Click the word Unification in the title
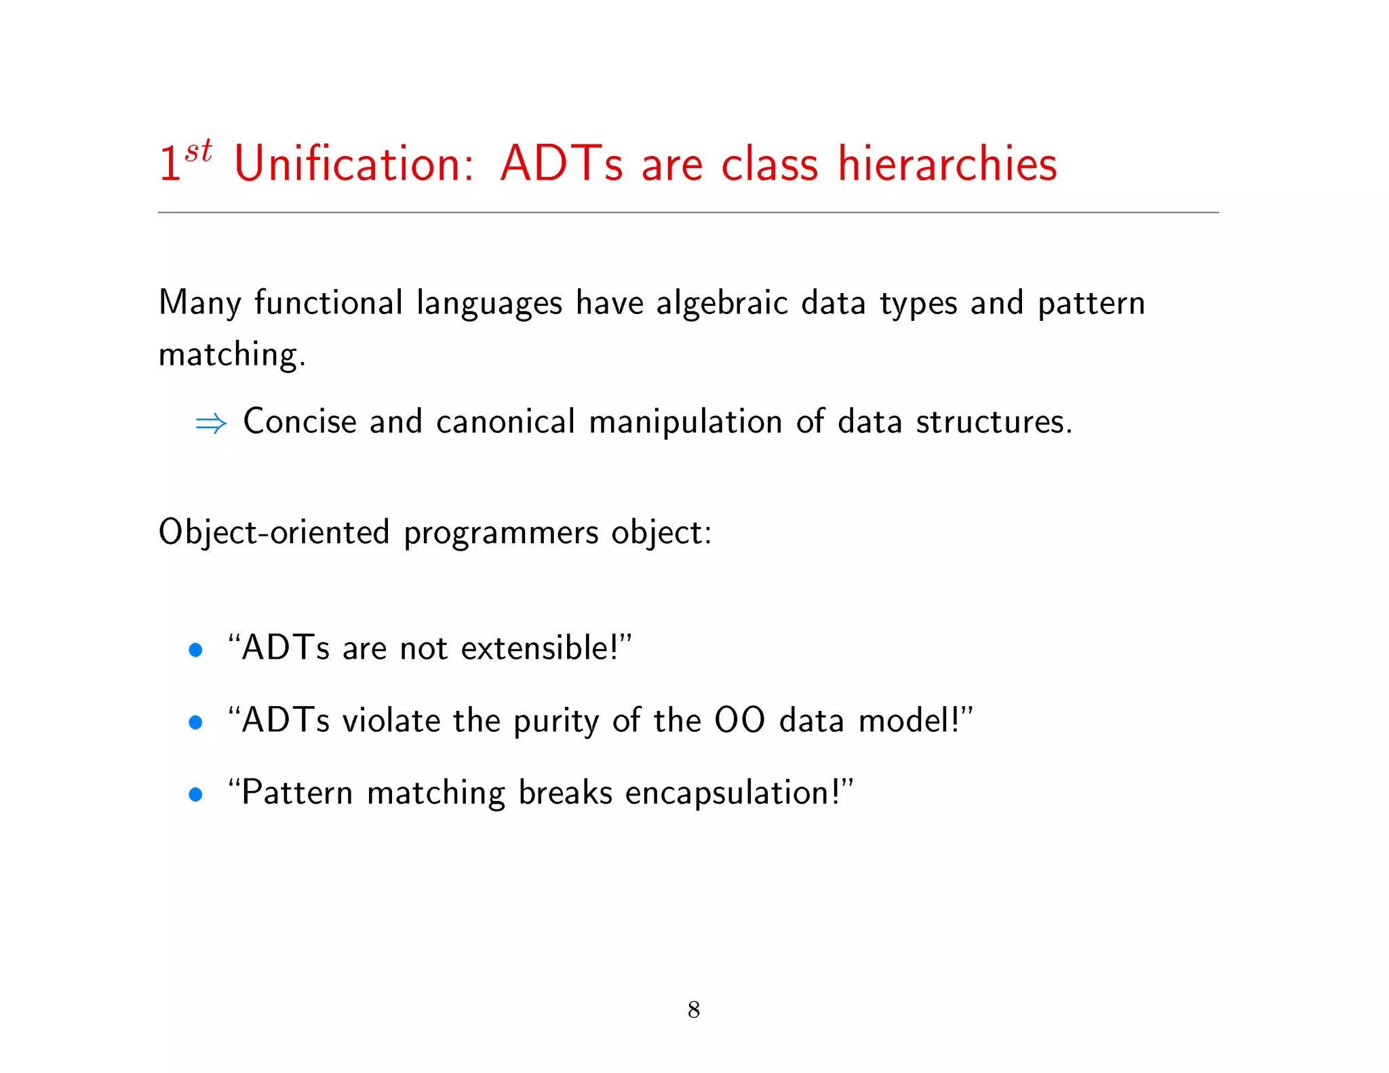tap(353, 164)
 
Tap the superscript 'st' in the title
tap(198, 151)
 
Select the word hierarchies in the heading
tap(947, 164)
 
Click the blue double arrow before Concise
tap(211, 424)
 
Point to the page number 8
tap(693, 1009)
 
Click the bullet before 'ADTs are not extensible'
tap(195, 650)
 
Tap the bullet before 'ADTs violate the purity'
tap(195, 722)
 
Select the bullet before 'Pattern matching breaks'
tap(195, 794)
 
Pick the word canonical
tap(505, 422)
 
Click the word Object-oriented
tap(274, 532)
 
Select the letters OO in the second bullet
tap(740, 720)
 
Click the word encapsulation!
tap(732, 793)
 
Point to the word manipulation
tap(685, 422)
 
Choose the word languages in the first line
tap(489, 303)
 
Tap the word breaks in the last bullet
tap(565, 792)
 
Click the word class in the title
tap(769, 164)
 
